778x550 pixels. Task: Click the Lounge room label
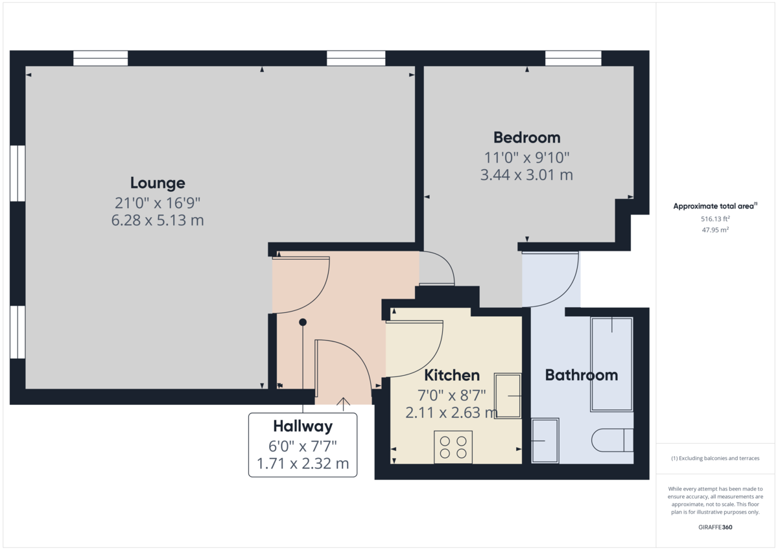[158, 183]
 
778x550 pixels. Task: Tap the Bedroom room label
[526, 137]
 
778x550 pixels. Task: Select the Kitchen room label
[452, 375]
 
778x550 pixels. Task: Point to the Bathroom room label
[581, 375]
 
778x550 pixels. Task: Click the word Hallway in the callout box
[302, 426]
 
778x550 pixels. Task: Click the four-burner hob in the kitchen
[453, 447]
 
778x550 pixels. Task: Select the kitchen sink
[508, 395]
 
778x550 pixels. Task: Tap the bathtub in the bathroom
[611, 364]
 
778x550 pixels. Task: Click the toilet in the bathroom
[612, 441]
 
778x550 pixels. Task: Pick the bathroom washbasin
[545, 441]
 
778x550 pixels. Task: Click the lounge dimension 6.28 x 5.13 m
[158, 220]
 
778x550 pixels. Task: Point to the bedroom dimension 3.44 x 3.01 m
[526, 175]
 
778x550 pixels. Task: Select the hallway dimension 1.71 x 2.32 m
[302, 464]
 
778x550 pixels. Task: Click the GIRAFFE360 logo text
[714, 527]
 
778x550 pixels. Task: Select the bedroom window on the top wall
[574, 58]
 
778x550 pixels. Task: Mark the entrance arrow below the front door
[343, 404]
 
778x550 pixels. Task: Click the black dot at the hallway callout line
[302, 322]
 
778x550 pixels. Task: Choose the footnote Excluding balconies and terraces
[714, 458]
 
